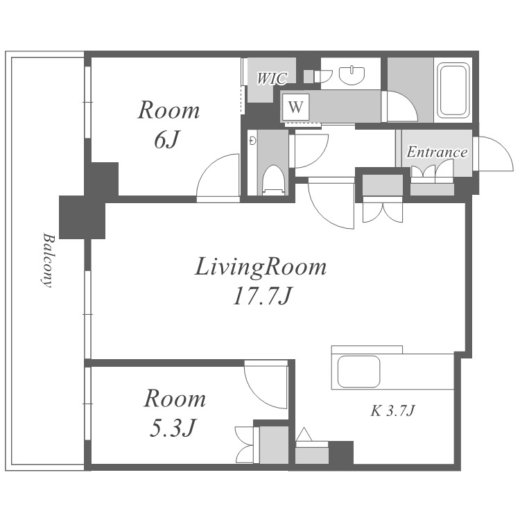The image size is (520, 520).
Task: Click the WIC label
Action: [272, 78]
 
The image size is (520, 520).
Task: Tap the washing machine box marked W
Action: [295, 107]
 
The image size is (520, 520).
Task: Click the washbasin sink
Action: [352, 75]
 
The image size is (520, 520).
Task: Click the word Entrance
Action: [437, 153]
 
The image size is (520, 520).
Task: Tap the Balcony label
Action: [47, 260]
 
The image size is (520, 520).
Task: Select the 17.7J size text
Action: [262, 296]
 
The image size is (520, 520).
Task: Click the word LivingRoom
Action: [261, 268]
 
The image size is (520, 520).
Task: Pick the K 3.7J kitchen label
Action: [392, 411]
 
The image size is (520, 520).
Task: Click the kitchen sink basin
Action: [358, 372]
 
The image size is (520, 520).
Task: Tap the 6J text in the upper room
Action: [167, 140]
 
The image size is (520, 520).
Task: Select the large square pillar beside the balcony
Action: [83, 217]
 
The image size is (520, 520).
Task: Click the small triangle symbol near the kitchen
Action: [304, 435]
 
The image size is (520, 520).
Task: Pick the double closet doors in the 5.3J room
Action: [245, 444]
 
